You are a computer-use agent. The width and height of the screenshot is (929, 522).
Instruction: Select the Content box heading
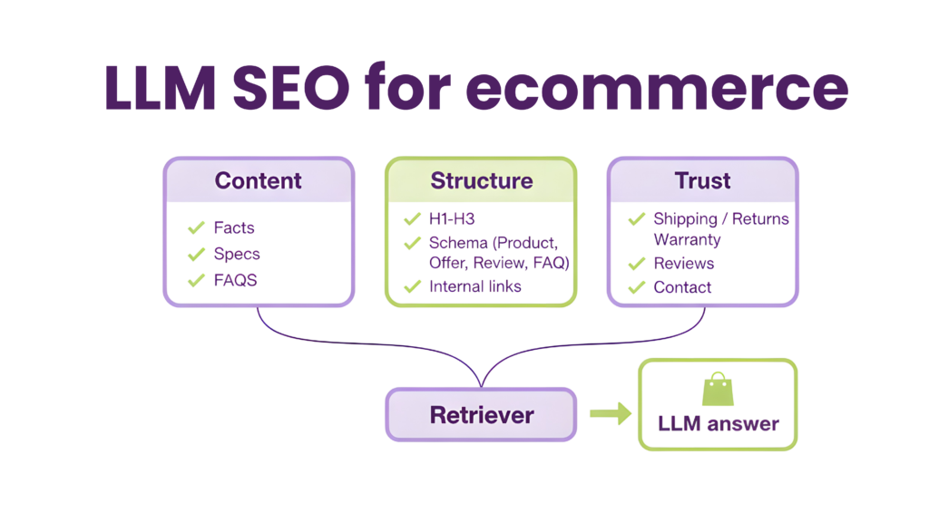(258, 180)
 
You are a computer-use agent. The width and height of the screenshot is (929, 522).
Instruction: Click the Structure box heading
(481, 180)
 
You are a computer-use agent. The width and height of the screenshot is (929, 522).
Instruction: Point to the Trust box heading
(702, 180)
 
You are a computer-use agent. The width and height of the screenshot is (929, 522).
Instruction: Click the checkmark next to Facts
(194, 227)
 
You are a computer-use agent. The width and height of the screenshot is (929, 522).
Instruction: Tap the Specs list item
(237, 254)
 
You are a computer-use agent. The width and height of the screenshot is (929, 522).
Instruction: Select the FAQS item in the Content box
(235, 280)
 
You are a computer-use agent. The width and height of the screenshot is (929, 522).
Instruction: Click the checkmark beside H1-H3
(412, 218)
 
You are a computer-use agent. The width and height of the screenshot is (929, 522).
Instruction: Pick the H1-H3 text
(452, 218)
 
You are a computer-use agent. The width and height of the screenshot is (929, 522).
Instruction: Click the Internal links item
(475, 286)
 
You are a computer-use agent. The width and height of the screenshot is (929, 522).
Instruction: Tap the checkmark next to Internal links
(412, 286)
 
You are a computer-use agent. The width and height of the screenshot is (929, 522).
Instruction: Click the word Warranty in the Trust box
(687, 240)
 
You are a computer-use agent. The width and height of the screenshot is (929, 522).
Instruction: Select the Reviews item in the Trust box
(683, 264)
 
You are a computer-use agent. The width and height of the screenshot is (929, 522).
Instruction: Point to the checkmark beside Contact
(636, 287)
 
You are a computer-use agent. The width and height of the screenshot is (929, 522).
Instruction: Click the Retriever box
(481, 415)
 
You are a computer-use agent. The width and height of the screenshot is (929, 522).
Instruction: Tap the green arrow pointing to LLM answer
(610, 414)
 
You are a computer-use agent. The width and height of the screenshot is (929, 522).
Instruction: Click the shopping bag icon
(715, 389)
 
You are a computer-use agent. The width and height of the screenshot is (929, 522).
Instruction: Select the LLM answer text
(718, 423)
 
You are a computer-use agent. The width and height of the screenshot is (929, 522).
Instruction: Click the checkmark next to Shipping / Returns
(636, 219)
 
